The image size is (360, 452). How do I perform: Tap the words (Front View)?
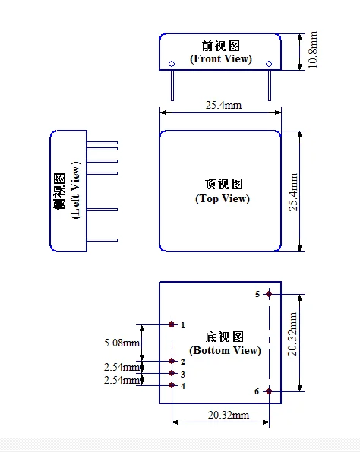pyautogui.click(x=220, y=58)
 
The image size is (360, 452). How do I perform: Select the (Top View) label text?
pyautogui.click(x=223, y=199)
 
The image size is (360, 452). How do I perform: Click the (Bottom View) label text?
pyautogui.click(x=224, y=350)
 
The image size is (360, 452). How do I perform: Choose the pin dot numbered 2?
pyautogui.click(x=172, y=362)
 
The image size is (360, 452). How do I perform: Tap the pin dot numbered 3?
pyautogui.click(x=172, y=374)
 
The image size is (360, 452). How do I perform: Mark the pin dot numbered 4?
pyautogui.click(x=172, y=385)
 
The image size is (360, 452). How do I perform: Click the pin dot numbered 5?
pyautogui.click(x=269, y=294)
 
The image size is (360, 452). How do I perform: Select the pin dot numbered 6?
pyautogui.click(x=269, y=391)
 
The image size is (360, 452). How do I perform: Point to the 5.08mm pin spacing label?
pyautogui.click(x=122, y=343)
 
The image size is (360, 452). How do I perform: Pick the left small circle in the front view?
pyautogui.click(x=172, y=63)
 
